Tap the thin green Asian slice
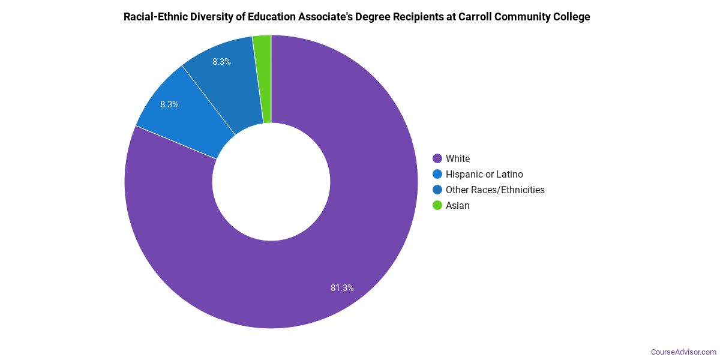pyautogui.click(x=263, y=78)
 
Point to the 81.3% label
pyautogui.click(x=342, y=288)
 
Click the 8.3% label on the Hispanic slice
pyautogui.click(x=169, y=104)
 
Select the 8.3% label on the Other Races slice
pyautogui.click(x=221, y=62)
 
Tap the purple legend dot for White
pyautogui.click(x=437, y=158)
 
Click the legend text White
pyautogui.click(x=458, y=158)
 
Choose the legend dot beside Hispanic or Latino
pyautogui.click(x=437, y=174)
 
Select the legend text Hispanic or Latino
pyautogui.click(x=484, y=174)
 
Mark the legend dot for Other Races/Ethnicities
pyautogui.click(x=437, y=190)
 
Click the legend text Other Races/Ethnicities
pyautogui.click(x=495, y=190)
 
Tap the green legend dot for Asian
pyautogui.click(x=437, y=205)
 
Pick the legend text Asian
pyautogui.click(x=458, y=205)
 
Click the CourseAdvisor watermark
pyautogui.click(x=683, y=352)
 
